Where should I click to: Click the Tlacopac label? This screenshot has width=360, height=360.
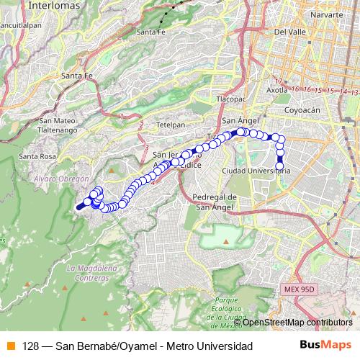[x=231, y=99]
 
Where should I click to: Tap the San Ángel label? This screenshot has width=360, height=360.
[x=238, y=120]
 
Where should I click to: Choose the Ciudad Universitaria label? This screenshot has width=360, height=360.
[x=256, y=171]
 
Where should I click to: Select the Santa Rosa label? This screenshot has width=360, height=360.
[x=37, y=156]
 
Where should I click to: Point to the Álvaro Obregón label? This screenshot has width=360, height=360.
[x=61, y=178]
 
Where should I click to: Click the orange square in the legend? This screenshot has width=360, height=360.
[x=9, y=346]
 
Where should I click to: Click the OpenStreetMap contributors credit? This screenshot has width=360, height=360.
[x=297, y=323]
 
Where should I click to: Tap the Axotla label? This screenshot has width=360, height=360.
[x=277, y=91]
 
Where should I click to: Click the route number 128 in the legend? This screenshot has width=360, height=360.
[x=30, y=346]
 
